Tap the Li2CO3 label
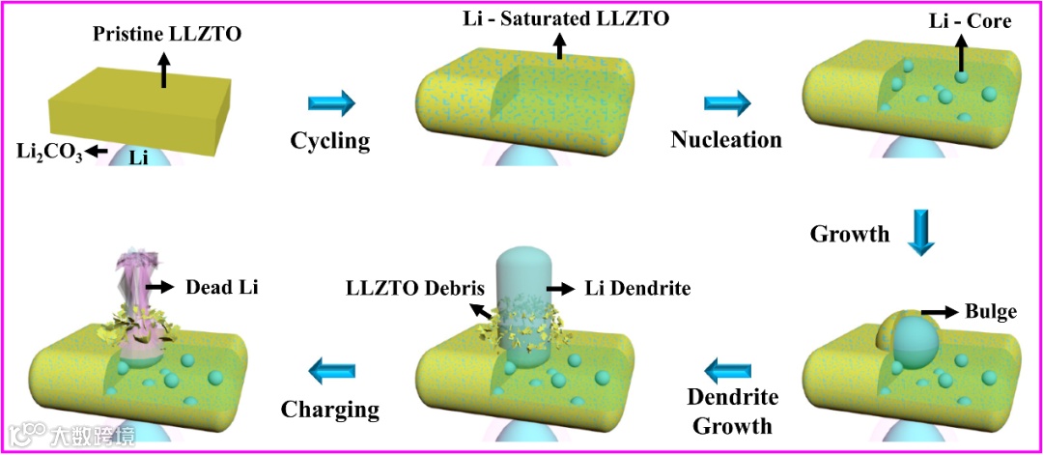(x=47, y=151)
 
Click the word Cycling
(x=330, y=141)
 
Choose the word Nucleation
(x=726, y=139)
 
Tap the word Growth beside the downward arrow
(x=850, y=233)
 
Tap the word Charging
(x=330, y=409)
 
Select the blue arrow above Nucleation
(x=727, y=102)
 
